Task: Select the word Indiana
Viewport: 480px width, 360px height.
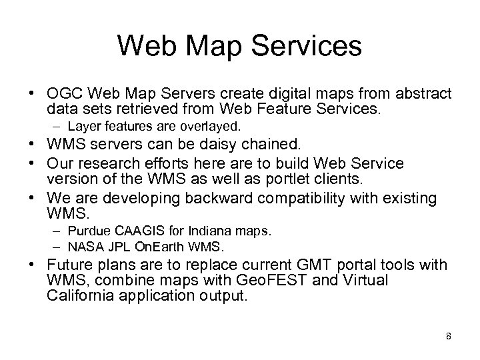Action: tap(201, 232)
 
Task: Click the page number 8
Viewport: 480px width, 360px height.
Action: tap(449, 336)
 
